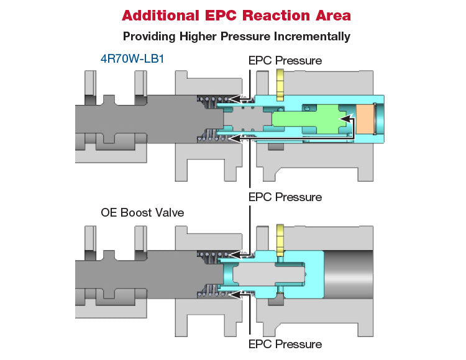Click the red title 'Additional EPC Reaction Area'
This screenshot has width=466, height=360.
coord(236,16)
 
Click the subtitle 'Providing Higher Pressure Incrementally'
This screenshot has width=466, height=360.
coord(237,37)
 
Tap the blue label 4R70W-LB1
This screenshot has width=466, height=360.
coord(132,59)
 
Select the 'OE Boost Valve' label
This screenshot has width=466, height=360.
coord(142,212)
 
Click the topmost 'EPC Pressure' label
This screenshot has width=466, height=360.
coord(285,61)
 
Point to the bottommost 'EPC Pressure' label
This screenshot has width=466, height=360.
coord(285,344)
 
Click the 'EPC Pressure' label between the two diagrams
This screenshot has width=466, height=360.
coord(285,197)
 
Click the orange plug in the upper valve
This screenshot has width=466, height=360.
coord(364,119)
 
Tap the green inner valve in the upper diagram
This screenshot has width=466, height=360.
coord(309,119)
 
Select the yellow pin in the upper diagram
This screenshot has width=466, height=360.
coord(280,85)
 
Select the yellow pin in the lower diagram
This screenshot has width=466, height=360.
coord(280,240)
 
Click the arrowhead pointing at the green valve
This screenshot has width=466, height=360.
coord(345,119)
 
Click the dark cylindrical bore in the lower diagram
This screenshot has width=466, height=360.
coord(349,274)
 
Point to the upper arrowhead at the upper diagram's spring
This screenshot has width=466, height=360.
coord(235,99)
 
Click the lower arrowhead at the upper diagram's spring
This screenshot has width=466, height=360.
coord(235,138)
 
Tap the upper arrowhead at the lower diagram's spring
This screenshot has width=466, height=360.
coord(235,254)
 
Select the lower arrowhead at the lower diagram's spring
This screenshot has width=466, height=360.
coord(235,295)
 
